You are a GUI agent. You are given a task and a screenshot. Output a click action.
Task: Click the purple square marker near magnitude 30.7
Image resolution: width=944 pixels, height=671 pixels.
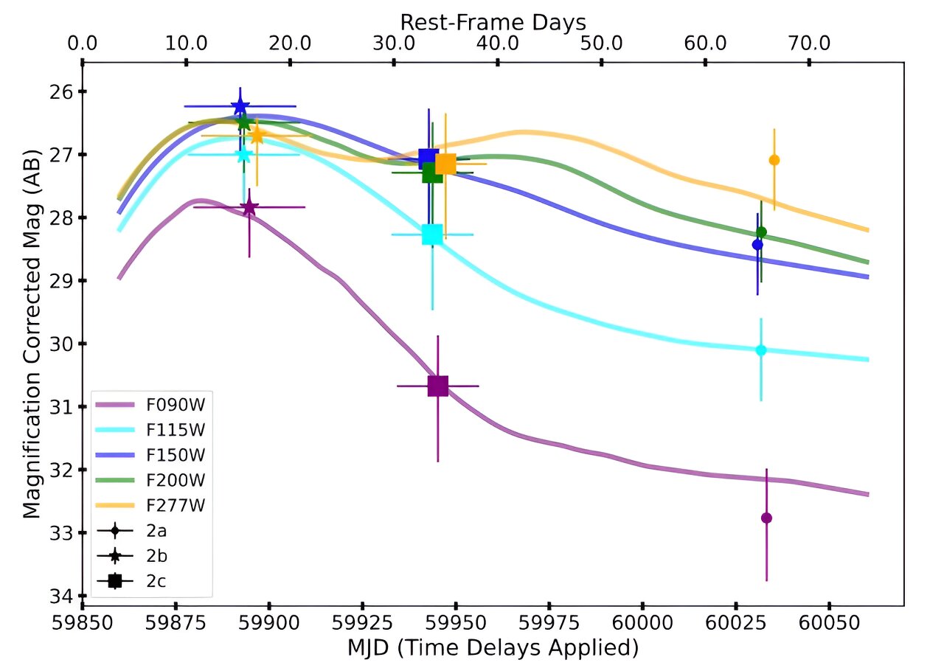438,386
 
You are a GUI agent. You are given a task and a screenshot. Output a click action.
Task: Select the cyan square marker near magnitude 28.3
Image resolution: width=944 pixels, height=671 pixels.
432,234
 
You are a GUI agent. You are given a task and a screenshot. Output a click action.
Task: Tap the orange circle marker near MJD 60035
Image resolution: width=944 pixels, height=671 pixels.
774,160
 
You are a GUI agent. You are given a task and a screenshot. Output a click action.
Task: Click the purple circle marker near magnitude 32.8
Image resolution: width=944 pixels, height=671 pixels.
766,518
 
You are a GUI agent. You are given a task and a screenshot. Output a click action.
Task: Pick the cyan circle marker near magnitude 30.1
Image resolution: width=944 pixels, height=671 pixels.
761,350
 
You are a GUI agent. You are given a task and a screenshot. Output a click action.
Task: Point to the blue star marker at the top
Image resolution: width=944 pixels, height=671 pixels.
240,106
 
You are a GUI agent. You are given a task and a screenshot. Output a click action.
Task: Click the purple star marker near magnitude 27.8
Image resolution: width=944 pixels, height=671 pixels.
249,207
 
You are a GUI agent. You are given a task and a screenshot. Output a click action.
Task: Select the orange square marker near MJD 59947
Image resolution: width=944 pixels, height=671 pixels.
445,164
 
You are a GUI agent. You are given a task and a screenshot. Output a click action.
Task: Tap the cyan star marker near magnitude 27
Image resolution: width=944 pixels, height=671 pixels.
244,154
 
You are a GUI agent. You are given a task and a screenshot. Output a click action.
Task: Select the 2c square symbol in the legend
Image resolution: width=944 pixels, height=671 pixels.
114,581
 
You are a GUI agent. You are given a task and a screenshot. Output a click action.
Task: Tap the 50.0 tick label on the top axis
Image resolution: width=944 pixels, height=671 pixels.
602,42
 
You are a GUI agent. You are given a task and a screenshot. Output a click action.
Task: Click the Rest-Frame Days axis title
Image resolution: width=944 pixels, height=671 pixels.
493,20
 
